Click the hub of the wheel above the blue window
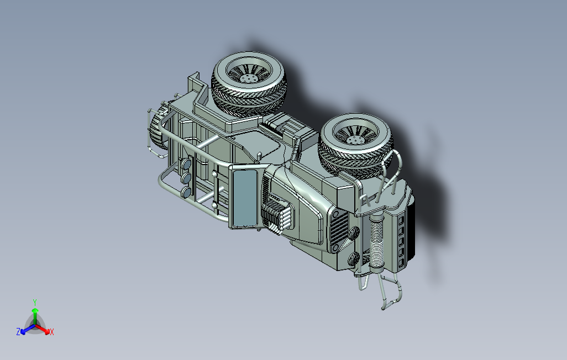pyautogui.click(x=248, y=77)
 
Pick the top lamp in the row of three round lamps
pyautogui.click(x=187, y=165)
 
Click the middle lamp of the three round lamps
pyautogui.click(x=187, y=178)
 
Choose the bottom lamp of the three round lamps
pyautogui.click(x=187, y=192)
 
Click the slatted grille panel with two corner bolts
pyautogui.click(x=339, y=230)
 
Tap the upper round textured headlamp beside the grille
pyautogui.click(x=354, y=232)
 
